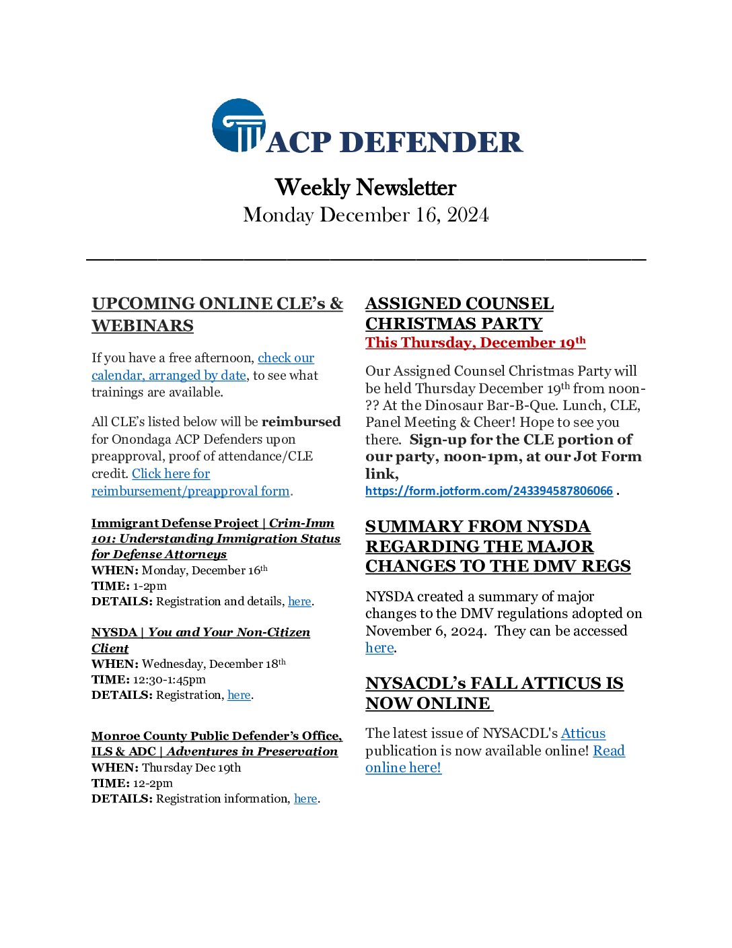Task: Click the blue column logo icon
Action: pos(238,126)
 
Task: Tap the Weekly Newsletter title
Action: pos(365,187)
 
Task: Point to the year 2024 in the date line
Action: pos(468,215)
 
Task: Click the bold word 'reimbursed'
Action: pos(301,422)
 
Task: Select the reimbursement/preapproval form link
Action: pos(190,491)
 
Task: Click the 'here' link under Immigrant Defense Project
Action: pos(299,601)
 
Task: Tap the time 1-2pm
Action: pos(149,586)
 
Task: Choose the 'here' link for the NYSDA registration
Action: pos(239,695)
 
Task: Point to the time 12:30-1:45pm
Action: pos(169,679)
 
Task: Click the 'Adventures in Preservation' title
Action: pos(252,751)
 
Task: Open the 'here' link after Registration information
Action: pos(305,799)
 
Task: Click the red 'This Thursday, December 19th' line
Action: pos(475,343)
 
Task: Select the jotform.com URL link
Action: pos(488,491)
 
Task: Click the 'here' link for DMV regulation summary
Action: pos(379,648)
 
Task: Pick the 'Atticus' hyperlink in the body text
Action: pos(583,733)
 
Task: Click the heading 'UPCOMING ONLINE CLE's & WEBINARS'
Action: pos(217,314)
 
